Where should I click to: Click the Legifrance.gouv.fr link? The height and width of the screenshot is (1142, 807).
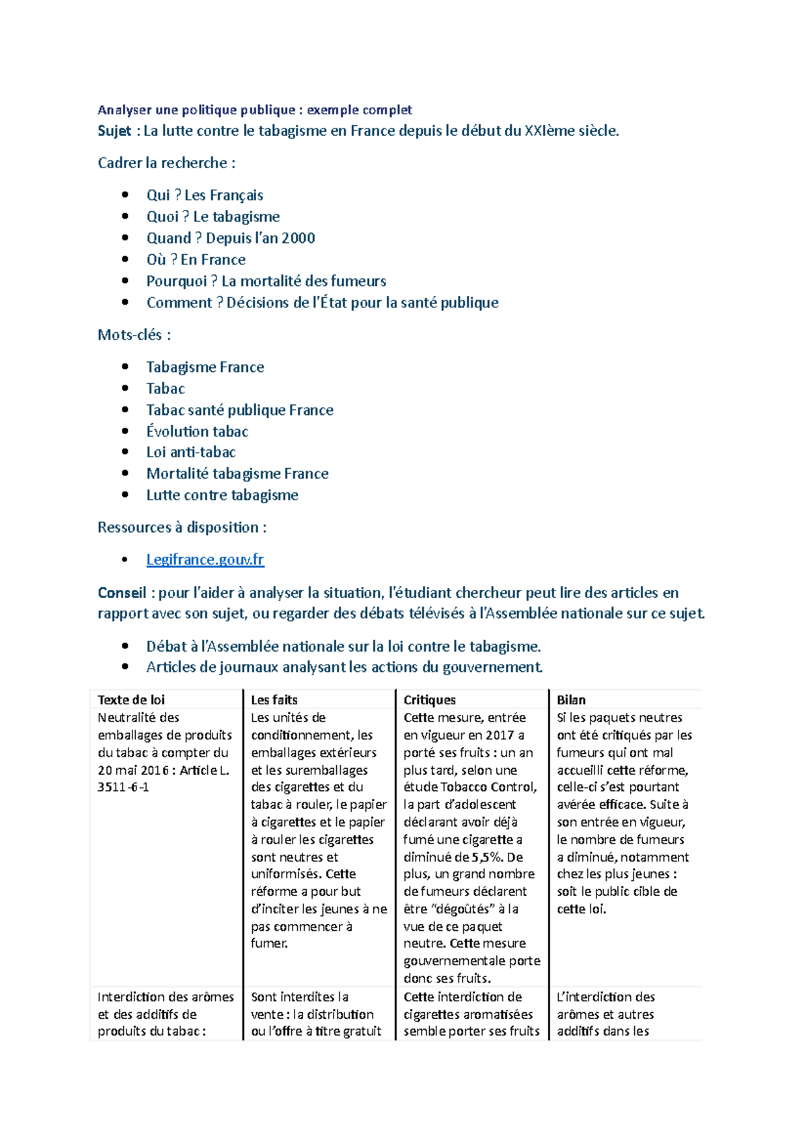click(205, 560)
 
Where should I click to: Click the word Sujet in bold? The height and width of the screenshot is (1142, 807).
click(114, 130)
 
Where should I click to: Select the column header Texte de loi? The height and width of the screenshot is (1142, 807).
click(131, 699)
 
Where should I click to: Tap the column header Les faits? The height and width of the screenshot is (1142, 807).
click(274, 699)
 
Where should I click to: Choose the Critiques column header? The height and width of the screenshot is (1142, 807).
click(430, 699)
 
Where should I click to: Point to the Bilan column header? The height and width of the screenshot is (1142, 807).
click(571, 699)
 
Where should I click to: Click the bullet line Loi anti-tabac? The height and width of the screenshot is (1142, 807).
click(191, 452)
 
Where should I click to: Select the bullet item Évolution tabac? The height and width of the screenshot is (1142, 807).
click(197, 431)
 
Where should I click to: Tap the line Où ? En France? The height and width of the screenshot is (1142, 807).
click(196, 260)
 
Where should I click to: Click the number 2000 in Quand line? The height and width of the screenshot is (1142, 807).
click(298, 238)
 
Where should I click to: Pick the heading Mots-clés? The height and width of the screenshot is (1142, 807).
click(134, 334)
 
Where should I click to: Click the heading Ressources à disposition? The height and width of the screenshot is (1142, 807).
click(182, 527)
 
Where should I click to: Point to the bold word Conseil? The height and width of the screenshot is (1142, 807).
click(122, 593)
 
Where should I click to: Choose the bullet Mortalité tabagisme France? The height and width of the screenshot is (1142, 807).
click(237, 473)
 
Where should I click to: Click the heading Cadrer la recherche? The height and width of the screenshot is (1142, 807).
click(166, 163)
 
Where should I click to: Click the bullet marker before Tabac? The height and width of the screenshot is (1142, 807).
click(125, 388)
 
